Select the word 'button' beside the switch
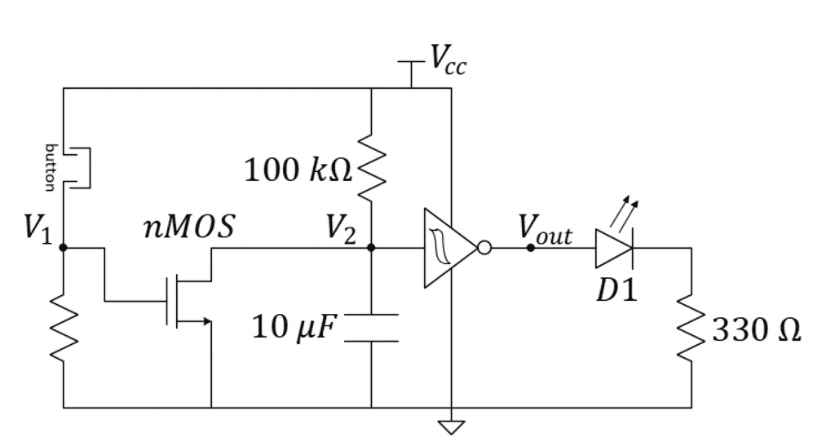point(50,166)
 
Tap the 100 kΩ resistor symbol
point(371,168)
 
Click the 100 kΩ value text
point(298,170)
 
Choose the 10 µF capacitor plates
point(371,327)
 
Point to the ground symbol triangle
point(450,426)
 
